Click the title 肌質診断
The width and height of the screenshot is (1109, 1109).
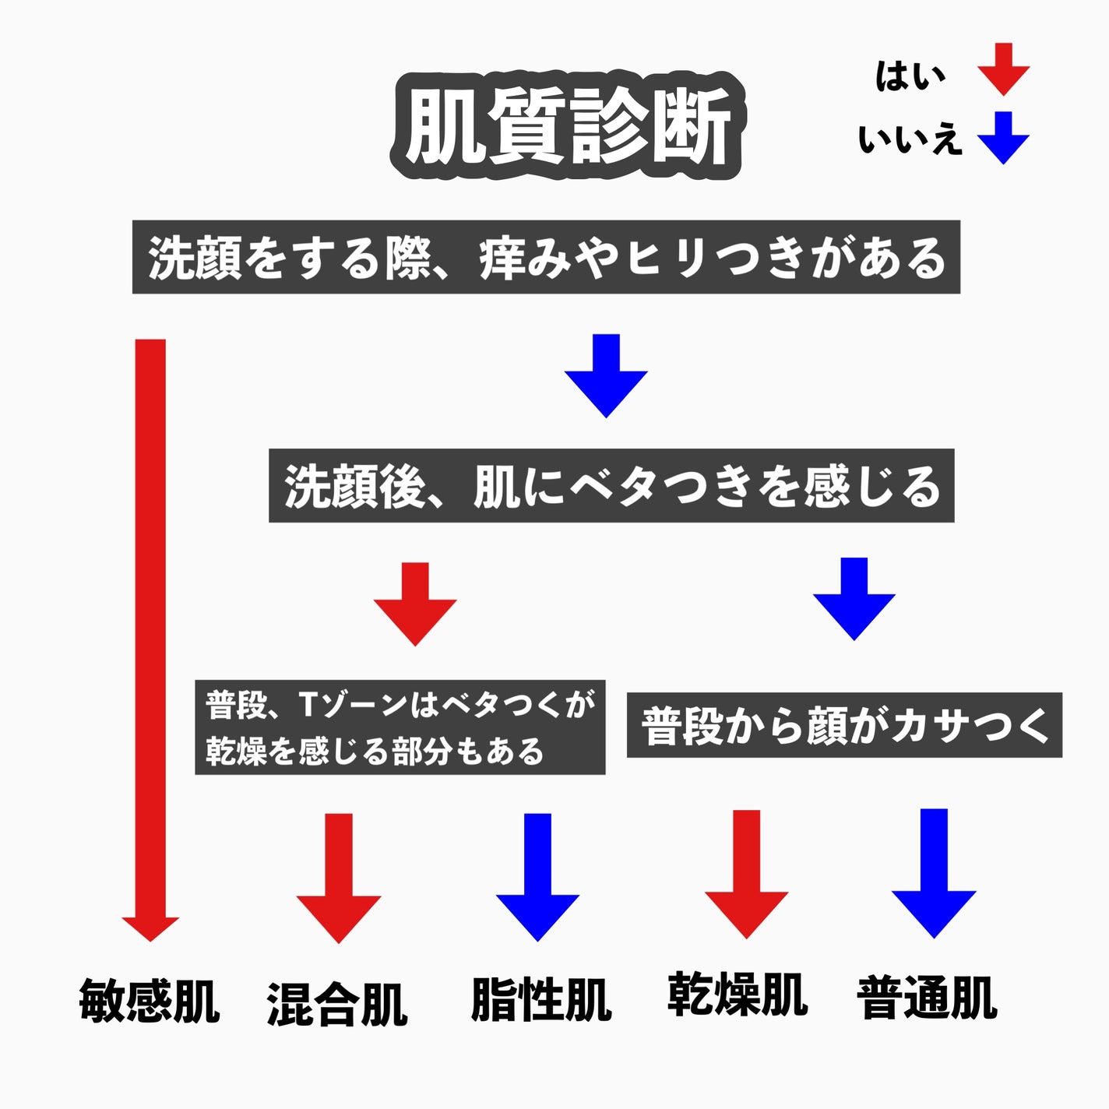click(566, 126)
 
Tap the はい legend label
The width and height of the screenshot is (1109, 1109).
click(910, 76)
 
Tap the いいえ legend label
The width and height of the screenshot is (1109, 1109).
click(910, 140)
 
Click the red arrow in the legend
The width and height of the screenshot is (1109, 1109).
click(1004, 69)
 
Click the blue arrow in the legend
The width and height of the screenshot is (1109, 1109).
click(1004, 137)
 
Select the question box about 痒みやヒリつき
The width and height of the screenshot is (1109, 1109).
click(546, 257)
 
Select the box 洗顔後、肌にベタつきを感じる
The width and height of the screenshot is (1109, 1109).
click(611, 485)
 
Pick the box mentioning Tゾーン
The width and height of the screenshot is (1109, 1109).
click(400, 727)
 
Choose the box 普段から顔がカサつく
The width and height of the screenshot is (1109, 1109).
click(844, 725)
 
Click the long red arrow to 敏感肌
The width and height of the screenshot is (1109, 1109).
click(150, 639)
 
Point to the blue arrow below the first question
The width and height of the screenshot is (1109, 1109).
click(606, 375)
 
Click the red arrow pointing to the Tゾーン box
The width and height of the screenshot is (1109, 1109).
click(415, 604)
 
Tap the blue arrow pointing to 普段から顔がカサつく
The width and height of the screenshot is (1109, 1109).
click(854, 599)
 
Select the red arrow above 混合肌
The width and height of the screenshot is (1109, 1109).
click(339, 878)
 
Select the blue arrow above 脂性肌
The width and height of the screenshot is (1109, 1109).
click(537, 877)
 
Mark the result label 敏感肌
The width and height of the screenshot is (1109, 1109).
click(149, 1001)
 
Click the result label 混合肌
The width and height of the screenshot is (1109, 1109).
click(337, 1004)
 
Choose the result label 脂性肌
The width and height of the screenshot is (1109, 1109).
click(540, 999)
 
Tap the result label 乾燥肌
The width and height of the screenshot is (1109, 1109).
click(737, 994)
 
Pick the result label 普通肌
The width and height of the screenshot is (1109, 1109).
click(927, 998)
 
